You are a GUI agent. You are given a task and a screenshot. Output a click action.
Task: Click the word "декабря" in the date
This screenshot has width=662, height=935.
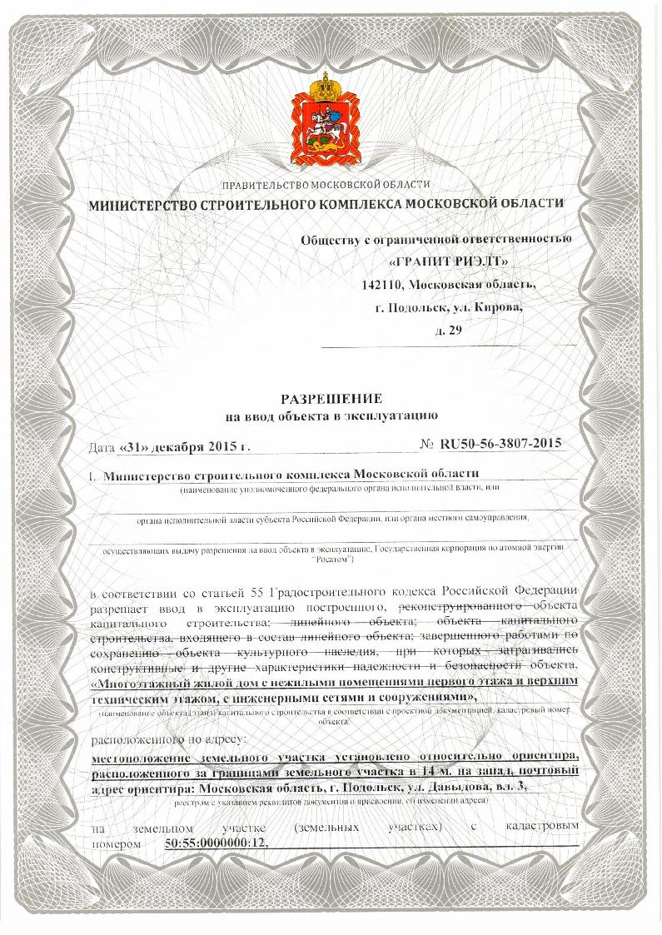pyautogui.click(x=183, y=446)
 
